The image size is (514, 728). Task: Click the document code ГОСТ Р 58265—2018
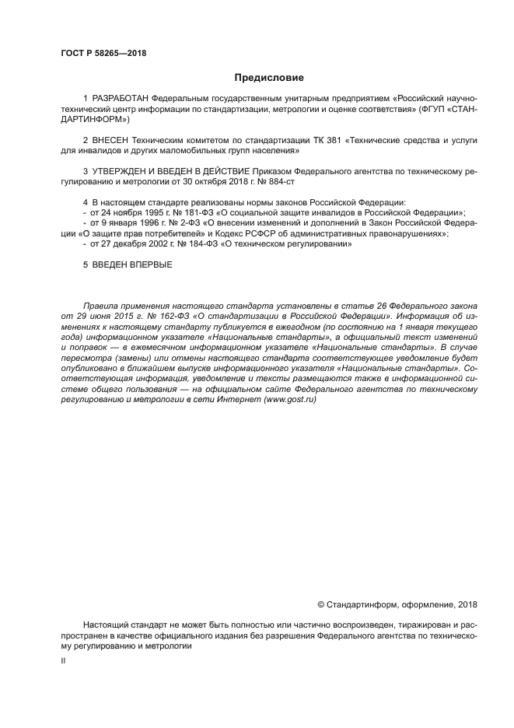click(103, 54)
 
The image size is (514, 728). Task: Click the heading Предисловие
click(269, 78)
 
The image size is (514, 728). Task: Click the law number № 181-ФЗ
click(172, 212)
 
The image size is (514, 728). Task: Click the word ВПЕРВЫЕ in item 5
click(151, 265)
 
